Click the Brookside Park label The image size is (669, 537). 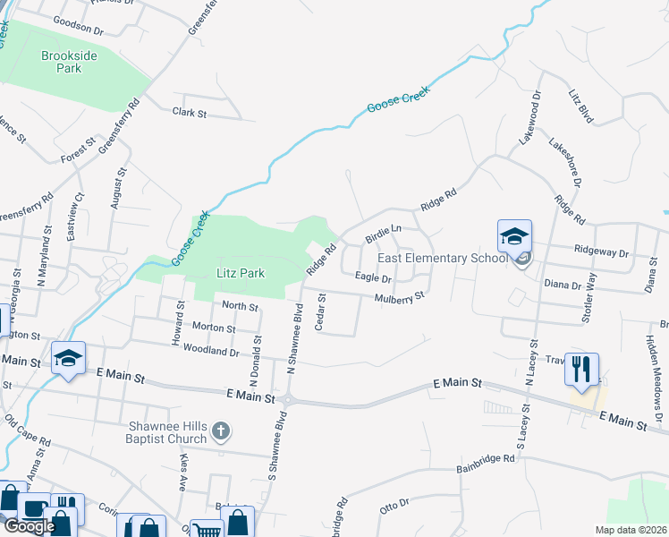(x=62, y=61)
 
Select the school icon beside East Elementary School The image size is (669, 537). (x=514, y=237)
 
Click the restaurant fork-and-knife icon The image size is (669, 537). (x=582, y=370)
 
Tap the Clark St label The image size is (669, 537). (x=189, y=114)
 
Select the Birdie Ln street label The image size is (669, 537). (x=384, y=234)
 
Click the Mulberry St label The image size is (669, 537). (x=398, y=297)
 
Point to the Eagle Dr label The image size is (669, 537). (x=373, y=278)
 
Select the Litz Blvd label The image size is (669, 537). (x=581, y=105)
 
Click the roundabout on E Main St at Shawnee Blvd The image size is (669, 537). (x=288, y=398)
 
